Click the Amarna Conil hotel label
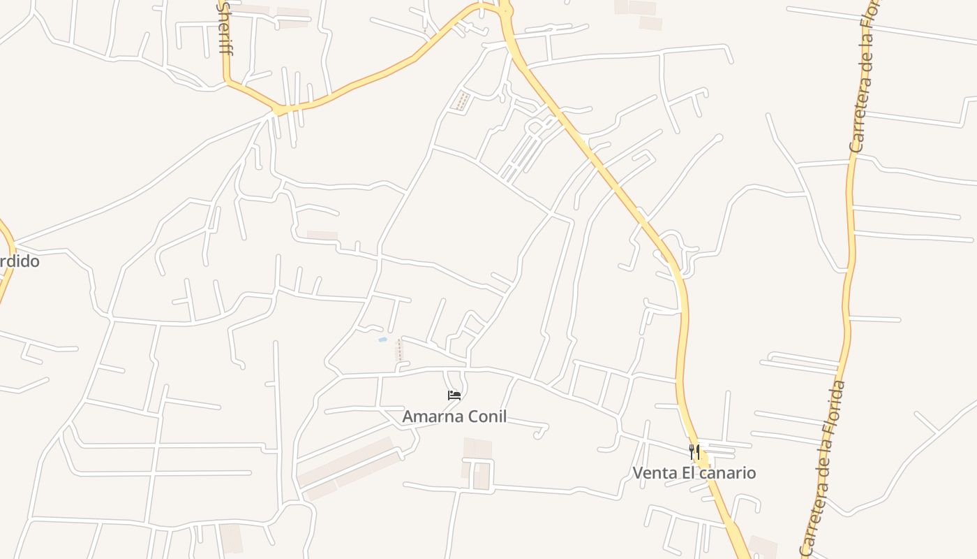coord(454,416)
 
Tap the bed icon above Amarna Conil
coord(454,395)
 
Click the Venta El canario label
coord(694,473)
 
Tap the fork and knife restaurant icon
coord(694,451)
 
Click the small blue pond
coord(382,340)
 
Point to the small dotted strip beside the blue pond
coord(400,350)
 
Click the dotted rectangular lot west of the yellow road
coord(461,101)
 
